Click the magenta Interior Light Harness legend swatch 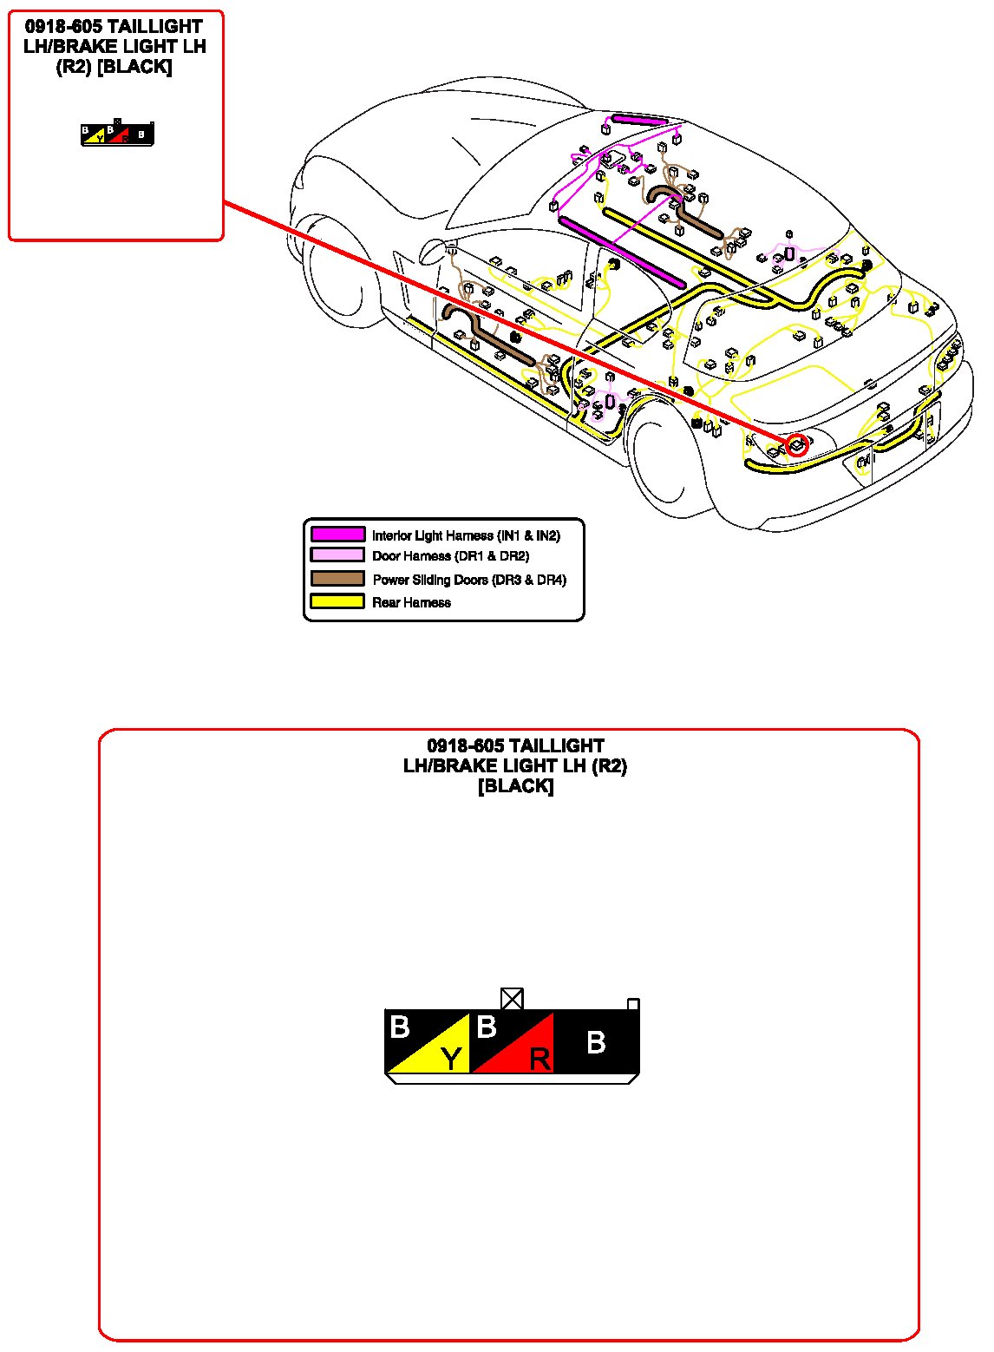(337, 535)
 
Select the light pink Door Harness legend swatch (337, 555)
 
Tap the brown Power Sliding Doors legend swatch (337, 579)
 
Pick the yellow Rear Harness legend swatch (337, 601)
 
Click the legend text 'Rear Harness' (411, 602)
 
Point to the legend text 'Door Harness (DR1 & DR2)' (450, 556)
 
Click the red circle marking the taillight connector (797, 445)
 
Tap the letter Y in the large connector (451, 1058)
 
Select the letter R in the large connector (540, 1059)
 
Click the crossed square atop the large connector (513, 999)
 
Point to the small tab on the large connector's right (633, 1004)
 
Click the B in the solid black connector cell (596, 1042)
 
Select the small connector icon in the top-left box (118, 135)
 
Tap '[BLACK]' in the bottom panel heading (515, 786)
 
